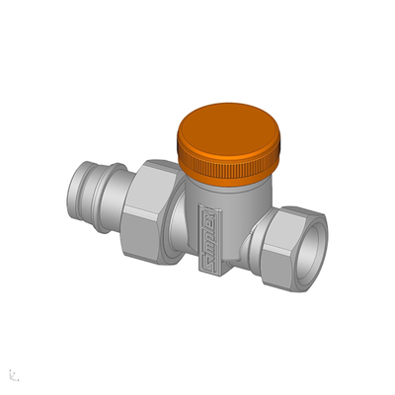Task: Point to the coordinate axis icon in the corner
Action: tap(13, 374)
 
